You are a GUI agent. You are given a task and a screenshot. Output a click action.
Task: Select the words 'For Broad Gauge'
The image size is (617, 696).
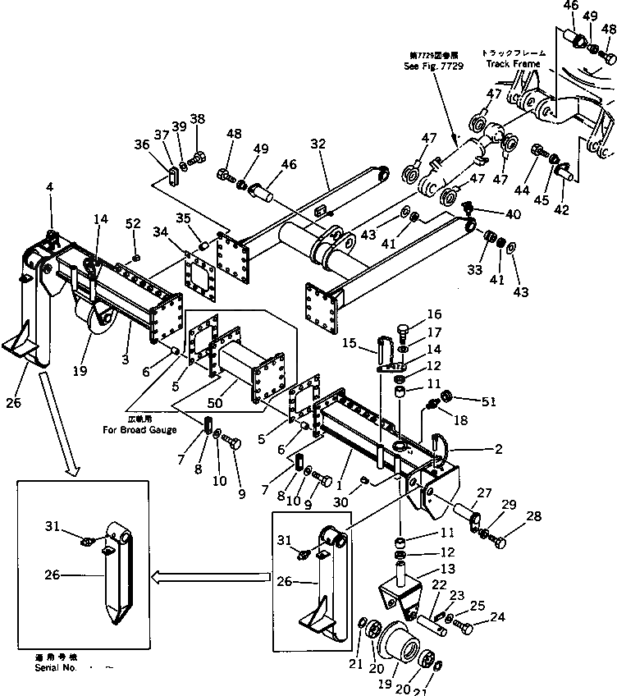click(138, 429)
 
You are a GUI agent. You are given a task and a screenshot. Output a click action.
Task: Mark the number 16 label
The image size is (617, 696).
click(433, 314)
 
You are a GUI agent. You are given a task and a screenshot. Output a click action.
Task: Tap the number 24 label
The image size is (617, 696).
click(498, 616)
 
